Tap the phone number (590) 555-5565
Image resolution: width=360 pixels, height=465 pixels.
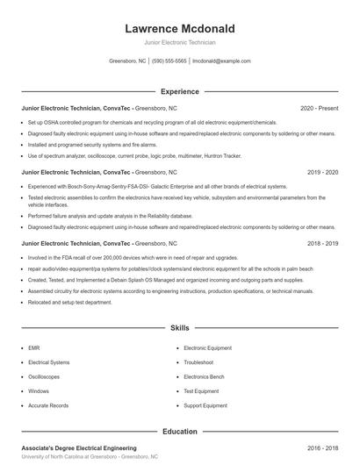click(x=169, y=61)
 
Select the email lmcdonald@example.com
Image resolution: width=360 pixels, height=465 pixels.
click(x=221, y=61)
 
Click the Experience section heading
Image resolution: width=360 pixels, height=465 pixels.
click(x=179, y=91)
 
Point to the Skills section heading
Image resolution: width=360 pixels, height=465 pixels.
click(x=179, y=327)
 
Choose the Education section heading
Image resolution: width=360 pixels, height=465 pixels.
click(x=179, y=431)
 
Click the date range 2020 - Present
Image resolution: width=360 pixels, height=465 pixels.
click(x=319, y=109)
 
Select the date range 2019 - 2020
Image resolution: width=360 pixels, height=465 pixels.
click(x=322, y=173)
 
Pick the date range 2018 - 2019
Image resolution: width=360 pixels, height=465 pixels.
click(x=322, y=242)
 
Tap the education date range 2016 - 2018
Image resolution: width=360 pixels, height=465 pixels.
click(x=322, y=447)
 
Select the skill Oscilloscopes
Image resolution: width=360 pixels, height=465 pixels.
click(x=44, y=376)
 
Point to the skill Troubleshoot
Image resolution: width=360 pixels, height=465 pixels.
click(x=198, y=361)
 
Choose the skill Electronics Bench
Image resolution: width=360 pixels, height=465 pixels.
click(x=204, y=376)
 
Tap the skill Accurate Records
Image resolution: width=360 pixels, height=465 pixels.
click(x=47, y=406)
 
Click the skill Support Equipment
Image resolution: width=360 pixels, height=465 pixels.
click(x=205, y=406)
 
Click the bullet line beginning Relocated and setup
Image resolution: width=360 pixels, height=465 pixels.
click(x=70, y=302)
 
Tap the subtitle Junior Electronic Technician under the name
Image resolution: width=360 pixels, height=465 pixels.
click(x=179, y=42)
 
